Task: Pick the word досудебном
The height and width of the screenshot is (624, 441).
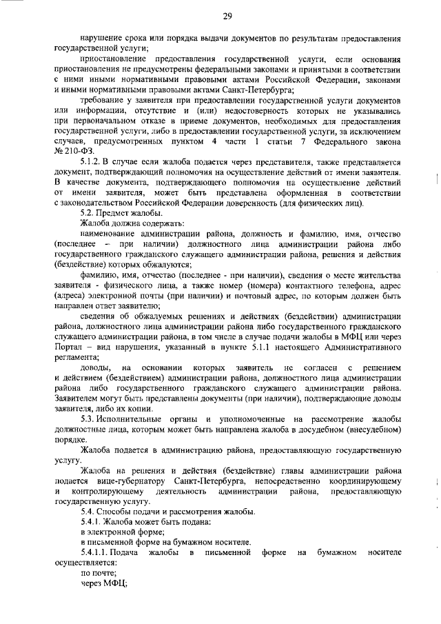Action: click(320, 429)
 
